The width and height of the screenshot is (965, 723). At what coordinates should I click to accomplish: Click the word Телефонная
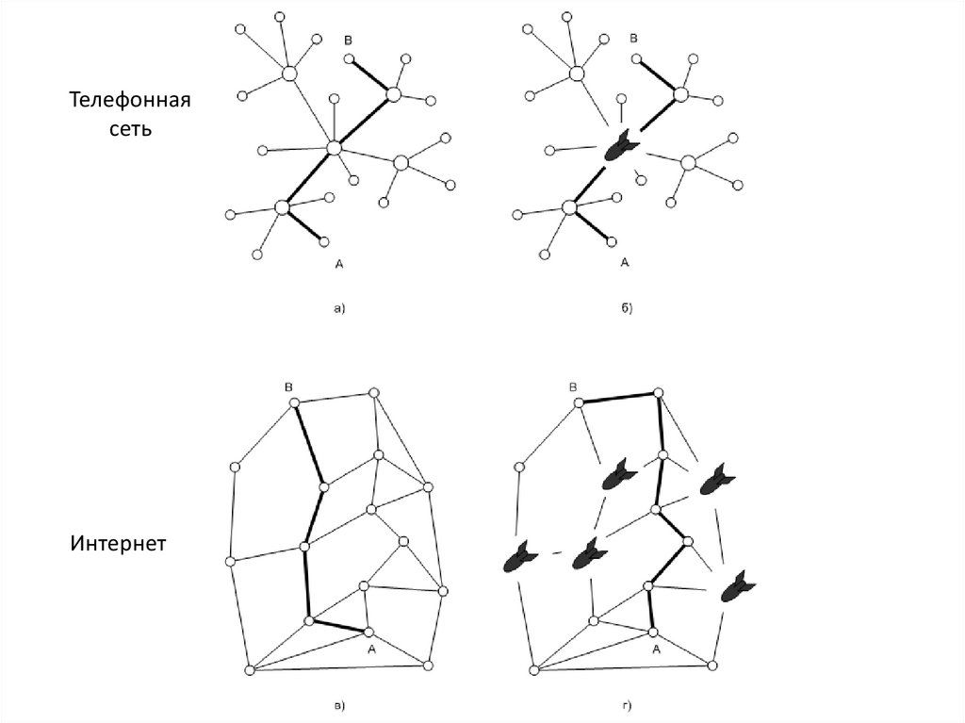click(x=129, y=101)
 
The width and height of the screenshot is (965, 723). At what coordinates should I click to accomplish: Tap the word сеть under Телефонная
click(x=128, y=128)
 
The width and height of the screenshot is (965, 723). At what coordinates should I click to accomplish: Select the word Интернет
click(x=118, y=544)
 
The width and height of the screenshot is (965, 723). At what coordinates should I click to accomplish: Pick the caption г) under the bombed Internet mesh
click(x=627, y=705)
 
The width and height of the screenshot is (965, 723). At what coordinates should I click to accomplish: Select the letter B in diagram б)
click(x=634, y=39)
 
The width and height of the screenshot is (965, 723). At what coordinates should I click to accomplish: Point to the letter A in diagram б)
click(x=625, y=265)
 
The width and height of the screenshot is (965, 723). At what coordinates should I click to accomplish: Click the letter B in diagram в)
click(x=289, y=386)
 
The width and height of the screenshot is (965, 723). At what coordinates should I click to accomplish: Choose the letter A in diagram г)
click(x=656, y=649)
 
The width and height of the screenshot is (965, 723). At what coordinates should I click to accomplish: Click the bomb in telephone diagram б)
click(x=620, y=146)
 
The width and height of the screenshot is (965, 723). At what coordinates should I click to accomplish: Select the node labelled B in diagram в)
click(x=294, y=403)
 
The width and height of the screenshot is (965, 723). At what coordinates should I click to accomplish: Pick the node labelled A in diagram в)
click(x=369, y=632)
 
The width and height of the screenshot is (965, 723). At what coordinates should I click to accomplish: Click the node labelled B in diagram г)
click(x=580, y=403)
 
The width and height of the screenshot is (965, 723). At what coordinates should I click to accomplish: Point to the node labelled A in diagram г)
click(x=653, y=632)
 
